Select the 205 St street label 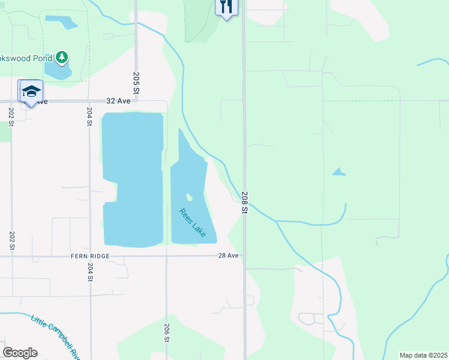136,82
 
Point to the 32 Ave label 118,101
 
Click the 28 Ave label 229,256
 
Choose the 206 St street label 166,332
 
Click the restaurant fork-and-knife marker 226,7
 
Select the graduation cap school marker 31,91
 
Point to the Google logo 20,353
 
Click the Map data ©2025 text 423,355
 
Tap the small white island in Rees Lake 190,197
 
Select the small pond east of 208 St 339,172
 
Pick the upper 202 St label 11,115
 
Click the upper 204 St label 89,115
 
